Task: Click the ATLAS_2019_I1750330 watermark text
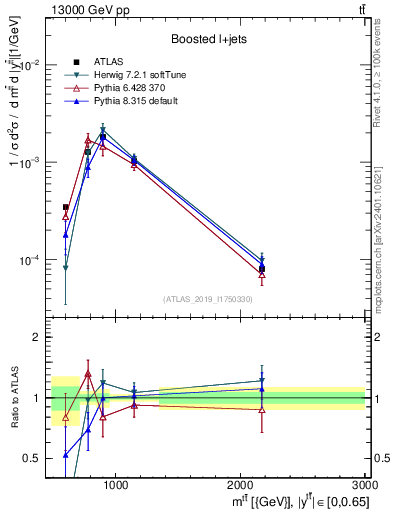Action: pyautogui.click(x=206, y=299)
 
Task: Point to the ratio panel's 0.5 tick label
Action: pyautogui.click(x=32, y=458)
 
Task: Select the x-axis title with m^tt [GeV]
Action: pyautogui.click(x=301, y=500)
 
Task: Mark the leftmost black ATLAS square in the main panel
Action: pyautogui.click(x=66, y=208)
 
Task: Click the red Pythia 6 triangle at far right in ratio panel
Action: pyautogui.click(x=262, y=410)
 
